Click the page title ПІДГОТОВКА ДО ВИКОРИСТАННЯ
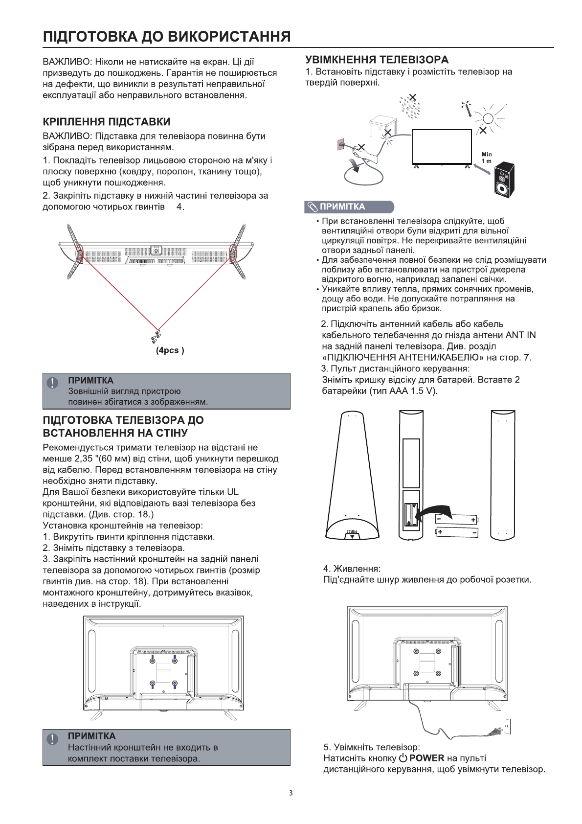(x=167, y=37)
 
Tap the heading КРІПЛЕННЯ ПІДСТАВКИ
(x=107, y=122)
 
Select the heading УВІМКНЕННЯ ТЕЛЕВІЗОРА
(x=377, y=60)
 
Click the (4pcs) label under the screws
(x=170, y=350)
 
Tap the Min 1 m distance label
(x=487, y=158)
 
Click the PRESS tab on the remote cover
(x=352, y=532)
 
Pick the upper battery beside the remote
(x=457, y=519)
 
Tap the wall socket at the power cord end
(x=507, y=727)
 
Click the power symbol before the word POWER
(x=403, y=758)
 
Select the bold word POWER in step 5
(x=426, y=758)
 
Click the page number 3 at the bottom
(x=291, y=793)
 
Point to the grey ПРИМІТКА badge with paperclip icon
(x=349, y=206)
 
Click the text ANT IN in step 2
(x=520, y=335)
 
